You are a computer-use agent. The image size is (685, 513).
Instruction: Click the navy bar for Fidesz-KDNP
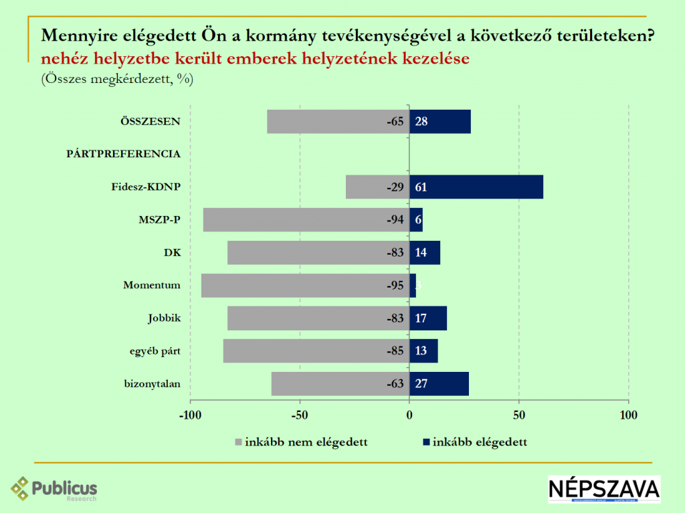tap(476, 187)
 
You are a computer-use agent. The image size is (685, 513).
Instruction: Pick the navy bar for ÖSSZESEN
tap(439, 121)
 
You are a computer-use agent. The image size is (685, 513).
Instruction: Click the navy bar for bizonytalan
tap(439, 383)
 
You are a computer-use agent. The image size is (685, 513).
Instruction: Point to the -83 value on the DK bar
tap(395, 253)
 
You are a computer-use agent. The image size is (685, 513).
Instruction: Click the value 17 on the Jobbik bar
tap(421, 318)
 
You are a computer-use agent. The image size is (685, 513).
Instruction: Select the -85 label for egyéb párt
tap(395, 351)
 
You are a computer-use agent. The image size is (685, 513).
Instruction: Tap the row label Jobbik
tap(164, 318)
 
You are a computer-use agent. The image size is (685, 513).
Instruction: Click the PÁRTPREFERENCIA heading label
tap(124, 154)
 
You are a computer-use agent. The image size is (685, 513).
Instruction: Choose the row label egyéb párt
tap(155, 350)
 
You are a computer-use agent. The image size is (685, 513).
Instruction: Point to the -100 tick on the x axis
tap(190, 415)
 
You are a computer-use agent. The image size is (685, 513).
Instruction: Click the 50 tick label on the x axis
tap(518, 415)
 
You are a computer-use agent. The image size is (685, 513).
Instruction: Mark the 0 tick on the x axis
tap(409, 415)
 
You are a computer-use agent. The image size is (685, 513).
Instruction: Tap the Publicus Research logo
tap(54, 489)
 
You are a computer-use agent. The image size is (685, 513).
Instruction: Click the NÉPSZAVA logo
tap(603, 489)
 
